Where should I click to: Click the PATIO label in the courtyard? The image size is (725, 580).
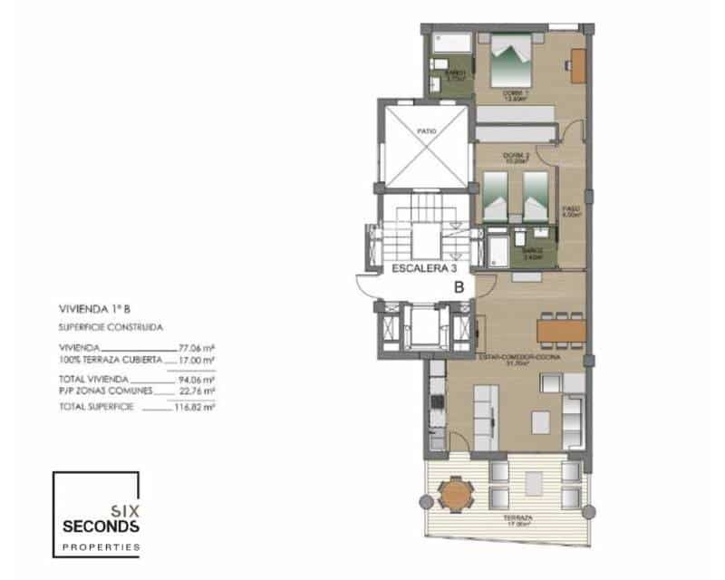point(426,131)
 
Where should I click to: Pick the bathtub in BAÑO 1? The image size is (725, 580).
point(449,43)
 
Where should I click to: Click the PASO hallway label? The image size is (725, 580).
point(571,211)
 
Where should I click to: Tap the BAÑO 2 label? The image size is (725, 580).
point(532,254)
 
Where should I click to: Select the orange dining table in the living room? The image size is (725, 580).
point(562,329)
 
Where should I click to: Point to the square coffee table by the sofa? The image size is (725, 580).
point(540,420)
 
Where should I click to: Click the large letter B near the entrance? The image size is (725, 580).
point(459,286)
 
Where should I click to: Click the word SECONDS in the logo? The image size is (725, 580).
point(100,527)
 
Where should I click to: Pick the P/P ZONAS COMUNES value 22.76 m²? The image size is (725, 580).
point(198,391)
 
